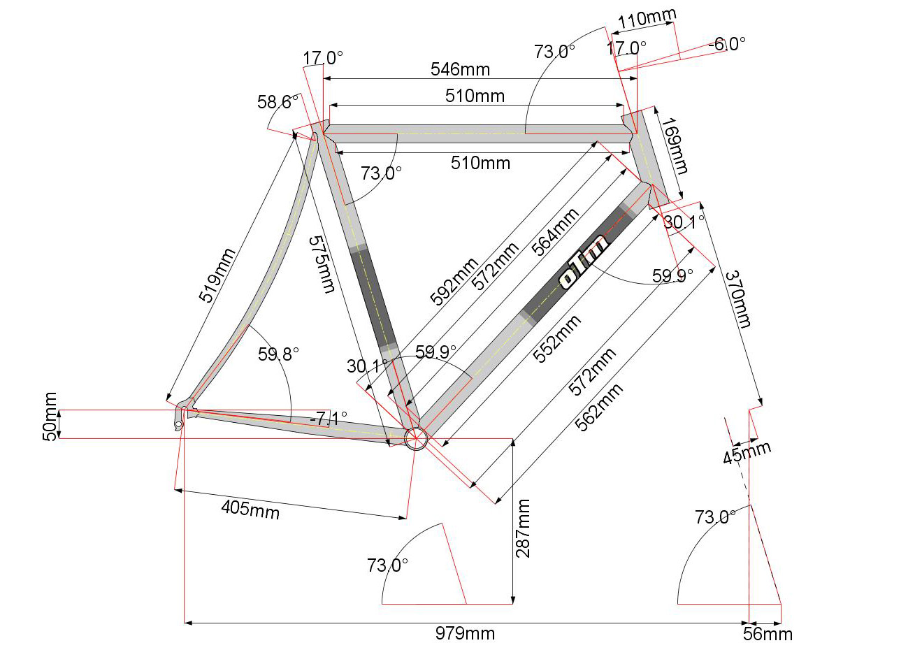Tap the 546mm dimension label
coord(461,69)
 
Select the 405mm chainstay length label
coord(250,510)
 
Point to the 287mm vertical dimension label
coord(523,528)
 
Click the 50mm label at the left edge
coord(50,417)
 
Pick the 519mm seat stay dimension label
coord(217,275)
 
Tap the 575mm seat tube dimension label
coord(322,264)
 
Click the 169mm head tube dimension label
coord(675,146)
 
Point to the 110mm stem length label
coord(647,19)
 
